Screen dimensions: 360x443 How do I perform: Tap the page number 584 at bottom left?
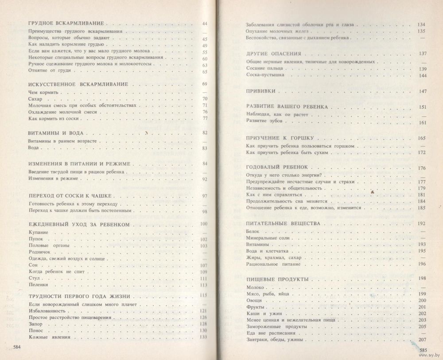(18, 347)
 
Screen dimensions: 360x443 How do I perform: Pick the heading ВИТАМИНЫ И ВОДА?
(55, 133)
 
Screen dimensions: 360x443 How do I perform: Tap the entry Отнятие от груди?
(47, 71)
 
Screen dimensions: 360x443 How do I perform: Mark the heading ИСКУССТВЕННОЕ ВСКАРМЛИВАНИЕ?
(78, 84)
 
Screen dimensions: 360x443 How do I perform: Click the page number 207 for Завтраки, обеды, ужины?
(421, 340)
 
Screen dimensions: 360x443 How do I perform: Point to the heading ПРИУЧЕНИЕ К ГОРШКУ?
(279, 138)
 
